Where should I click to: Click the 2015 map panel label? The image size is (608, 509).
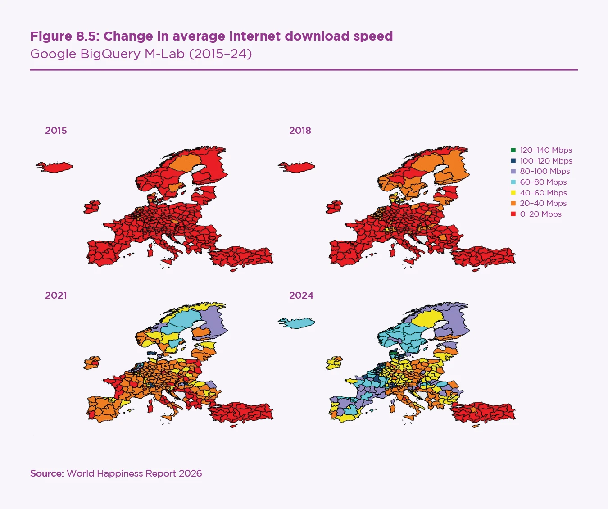click(56, 131)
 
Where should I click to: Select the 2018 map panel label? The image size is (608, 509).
click(300, 131)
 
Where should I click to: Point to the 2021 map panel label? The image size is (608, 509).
click(56, 295)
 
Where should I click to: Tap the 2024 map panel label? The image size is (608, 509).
click(301, 295)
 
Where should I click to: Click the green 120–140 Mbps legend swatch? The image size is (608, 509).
click(513, 150)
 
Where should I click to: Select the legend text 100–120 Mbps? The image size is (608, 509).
click(546, 161)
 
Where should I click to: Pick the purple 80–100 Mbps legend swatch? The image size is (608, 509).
click(513, 172)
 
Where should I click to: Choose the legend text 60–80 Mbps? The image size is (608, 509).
click(543, 182)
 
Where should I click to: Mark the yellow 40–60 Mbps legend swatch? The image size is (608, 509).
click(513, 193)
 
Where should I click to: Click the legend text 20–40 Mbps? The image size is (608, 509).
click(543, 203)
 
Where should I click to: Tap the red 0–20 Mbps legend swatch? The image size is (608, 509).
click(513, 214)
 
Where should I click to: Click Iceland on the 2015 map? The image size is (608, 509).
click(55, 167)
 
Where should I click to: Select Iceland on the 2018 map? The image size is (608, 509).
click(297, 168)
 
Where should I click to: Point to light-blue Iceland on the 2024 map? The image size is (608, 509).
click(297, 323)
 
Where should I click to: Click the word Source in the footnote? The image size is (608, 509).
click(46, 473)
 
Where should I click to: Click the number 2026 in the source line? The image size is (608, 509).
click(190, 473)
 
